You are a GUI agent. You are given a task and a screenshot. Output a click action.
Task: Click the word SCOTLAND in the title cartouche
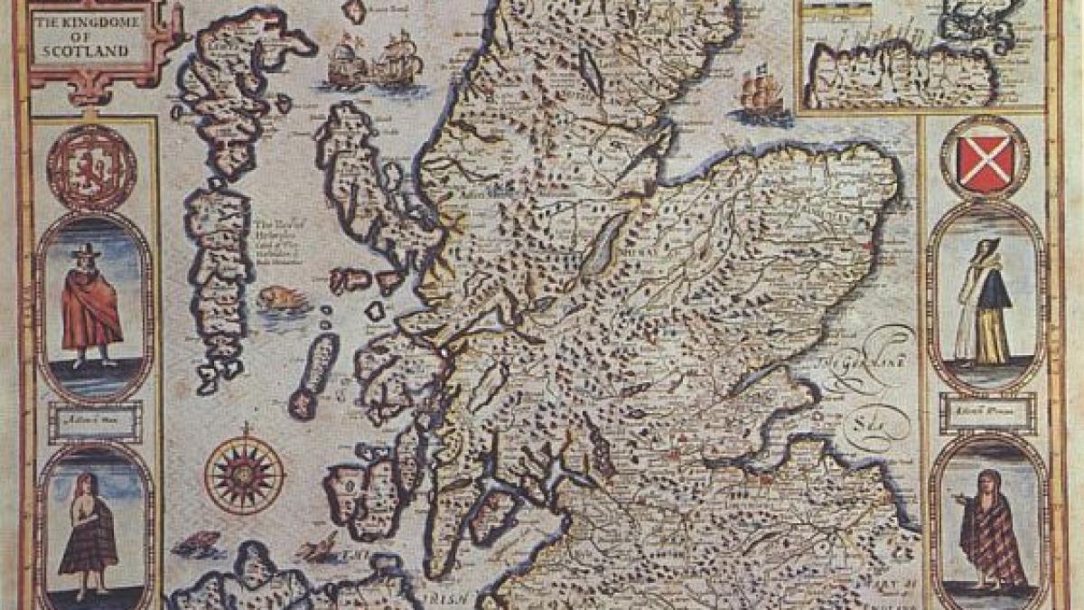point(89,52)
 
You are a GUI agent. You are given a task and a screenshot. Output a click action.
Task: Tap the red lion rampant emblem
point(91,168)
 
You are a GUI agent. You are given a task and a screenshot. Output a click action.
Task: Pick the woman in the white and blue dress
point(984,303)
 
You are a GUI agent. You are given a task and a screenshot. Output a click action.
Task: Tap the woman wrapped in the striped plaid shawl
point(985,529)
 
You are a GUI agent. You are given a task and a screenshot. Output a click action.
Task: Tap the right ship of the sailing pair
point(397,60)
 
